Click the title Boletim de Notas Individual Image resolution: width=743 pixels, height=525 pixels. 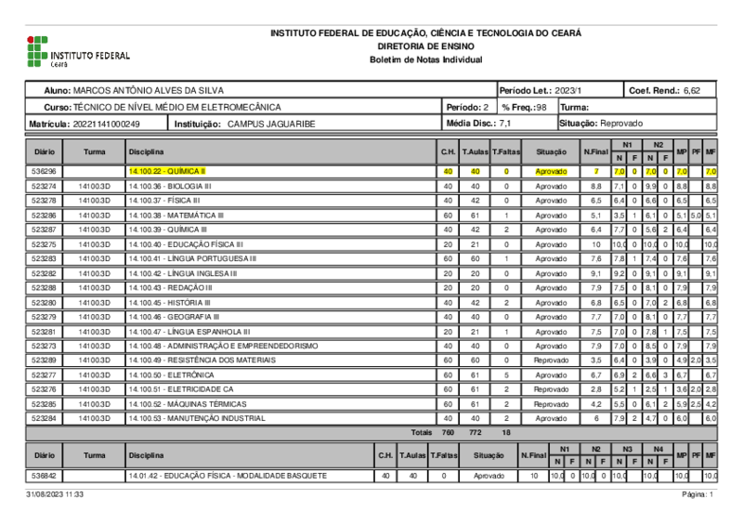(x=425, y=59)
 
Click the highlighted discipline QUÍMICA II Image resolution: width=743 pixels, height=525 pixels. (x=168, y=172)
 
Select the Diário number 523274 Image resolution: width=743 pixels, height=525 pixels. (x=44, y=187)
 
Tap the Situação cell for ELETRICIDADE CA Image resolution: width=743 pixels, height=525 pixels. (x=551, y=389)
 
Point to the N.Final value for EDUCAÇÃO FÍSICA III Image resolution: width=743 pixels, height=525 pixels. (x=596, y=244)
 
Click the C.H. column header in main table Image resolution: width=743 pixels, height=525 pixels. (x=448, y=151)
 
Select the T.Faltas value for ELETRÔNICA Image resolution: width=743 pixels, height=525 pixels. (x=506, y=375)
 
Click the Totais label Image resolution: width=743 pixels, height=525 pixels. (x=423, y=433)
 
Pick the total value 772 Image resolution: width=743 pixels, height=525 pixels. (x=476, y=433)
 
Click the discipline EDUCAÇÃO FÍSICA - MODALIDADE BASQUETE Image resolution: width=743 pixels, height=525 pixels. (x=228, y=476)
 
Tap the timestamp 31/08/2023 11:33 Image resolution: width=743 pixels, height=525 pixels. (x=55, y=495)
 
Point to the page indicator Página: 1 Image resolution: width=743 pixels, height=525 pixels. (x=697, y=495)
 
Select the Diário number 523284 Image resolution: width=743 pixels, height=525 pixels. (x=44, y=418)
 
